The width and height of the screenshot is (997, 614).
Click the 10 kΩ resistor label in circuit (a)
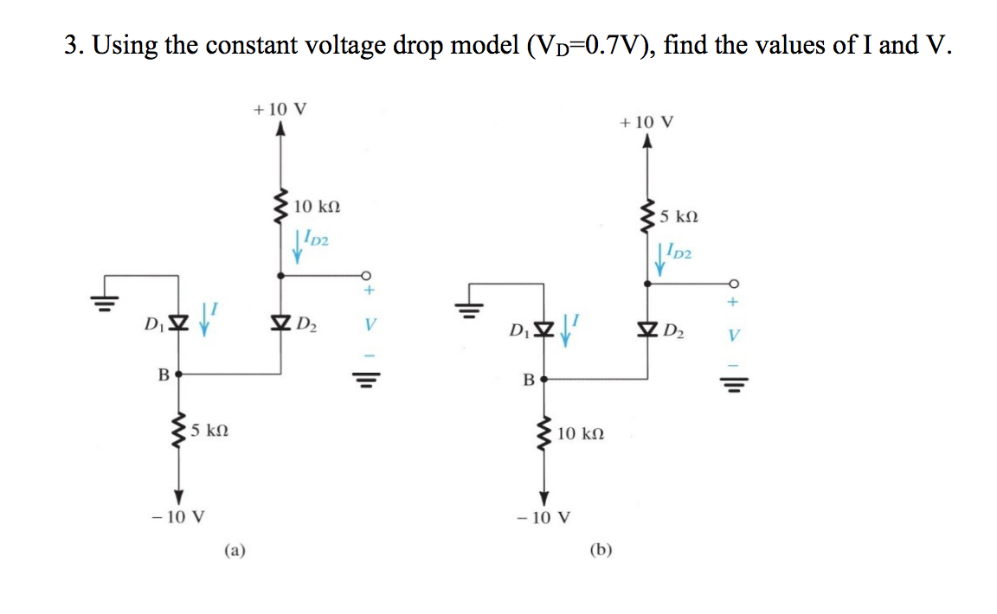tap(317, 207)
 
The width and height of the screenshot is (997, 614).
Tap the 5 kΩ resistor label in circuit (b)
tap(678, 216)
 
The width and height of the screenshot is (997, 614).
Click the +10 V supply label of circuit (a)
tap(280, 110)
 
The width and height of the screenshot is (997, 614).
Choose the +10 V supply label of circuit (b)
tap(646, 122)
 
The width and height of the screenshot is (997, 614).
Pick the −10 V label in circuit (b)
tap(544, 519)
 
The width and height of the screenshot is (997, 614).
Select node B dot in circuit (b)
tap(544, 379)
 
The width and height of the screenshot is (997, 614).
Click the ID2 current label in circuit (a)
tap(315, 238)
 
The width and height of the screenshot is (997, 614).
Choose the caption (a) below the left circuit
tap(235, 548)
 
